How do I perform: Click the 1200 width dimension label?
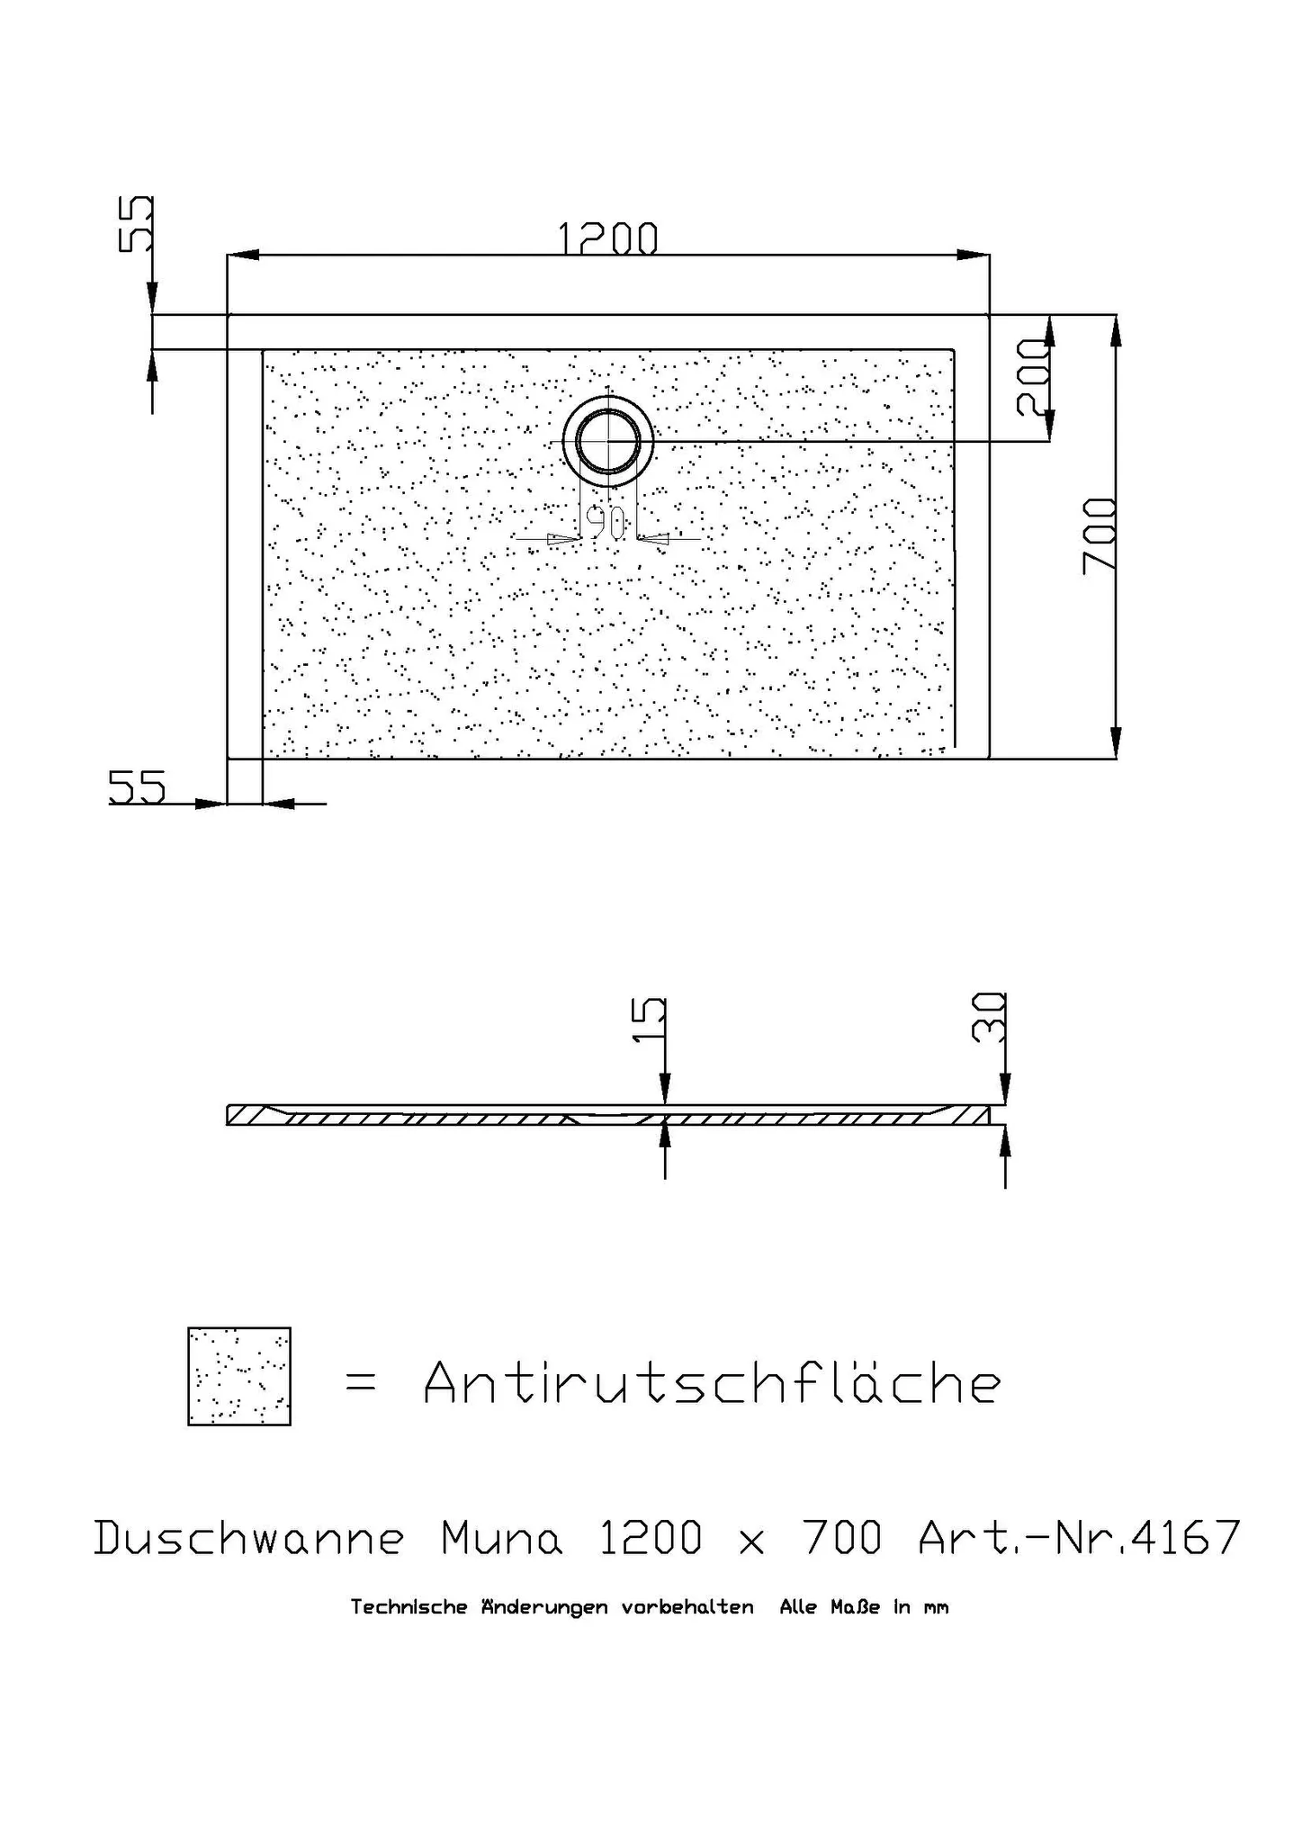pos(607,239)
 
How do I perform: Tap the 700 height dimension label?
pos(1100,535)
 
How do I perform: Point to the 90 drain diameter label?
pos(606,521)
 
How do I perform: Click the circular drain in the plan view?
pos(609,441)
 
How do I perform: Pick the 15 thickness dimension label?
pos(650,1020)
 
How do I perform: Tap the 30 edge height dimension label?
pos(989,1017)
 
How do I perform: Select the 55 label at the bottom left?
pos(138,787)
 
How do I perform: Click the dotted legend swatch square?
pos(238,1376)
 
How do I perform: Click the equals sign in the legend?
pos(361,1385)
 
